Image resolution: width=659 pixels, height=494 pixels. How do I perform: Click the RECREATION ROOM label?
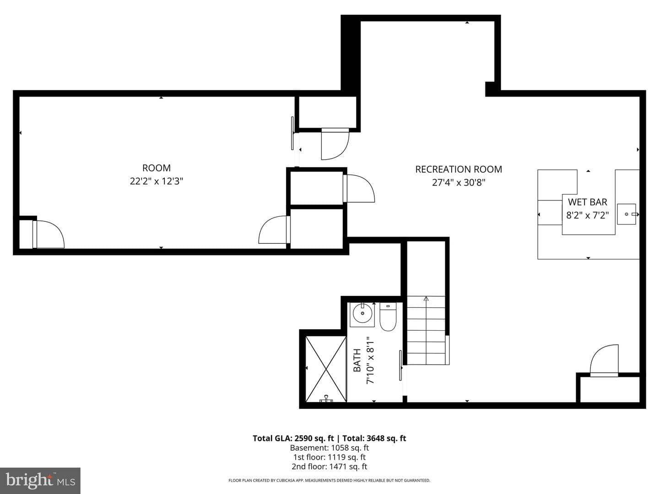459,169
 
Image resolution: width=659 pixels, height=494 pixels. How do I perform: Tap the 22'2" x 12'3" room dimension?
157,181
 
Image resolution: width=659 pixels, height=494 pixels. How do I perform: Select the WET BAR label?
588,202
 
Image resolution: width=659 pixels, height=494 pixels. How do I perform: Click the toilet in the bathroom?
388,317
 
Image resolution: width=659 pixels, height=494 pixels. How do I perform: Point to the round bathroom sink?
362,313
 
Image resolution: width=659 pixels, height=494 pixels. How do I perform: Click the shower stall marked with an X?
326,369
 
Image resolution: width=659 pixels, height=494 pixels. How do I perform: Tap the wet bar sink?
627,214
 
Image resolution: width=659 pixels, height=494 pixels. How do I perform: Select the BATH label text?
357,360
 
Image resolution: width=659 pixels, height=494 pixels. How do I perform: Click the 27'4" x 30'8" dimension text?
459,183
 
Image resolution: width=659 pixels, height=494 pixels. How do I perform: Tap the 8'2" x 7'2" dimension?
588,215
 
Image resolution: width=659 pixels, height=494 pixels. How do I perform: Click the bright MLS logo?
40,480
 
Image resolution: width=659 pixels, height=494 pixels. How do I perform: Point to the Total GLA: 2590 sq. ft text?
293,439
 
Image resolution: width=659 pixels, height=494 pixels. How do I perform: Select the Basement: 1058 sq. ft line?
329,448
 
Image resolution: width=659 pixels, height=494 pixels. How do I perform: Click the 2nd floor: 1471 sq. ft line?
329,467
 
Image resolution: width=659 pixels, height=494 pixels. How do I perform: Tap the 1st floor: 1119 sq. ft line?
329,457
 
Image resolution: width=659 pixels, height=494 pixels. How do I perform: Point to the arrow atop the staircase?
426,299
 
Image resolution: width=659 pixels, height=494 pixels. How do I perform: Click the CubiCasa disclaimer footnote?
329,480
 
